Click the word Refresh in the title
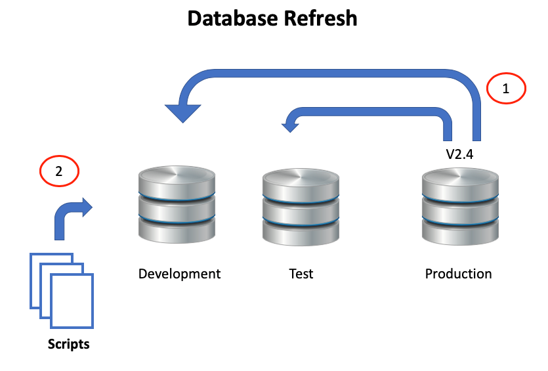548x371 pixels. point(320,18)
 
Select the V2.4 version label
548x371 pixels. point(460,156)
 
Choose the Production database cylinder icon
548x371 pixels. point(459,206)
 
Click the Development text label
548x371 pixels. point(179,273)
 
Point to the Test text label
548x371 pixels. point(301,273)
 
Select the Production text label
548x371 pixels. point(458,273)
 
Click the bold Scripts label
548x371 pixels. point(68,343)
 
